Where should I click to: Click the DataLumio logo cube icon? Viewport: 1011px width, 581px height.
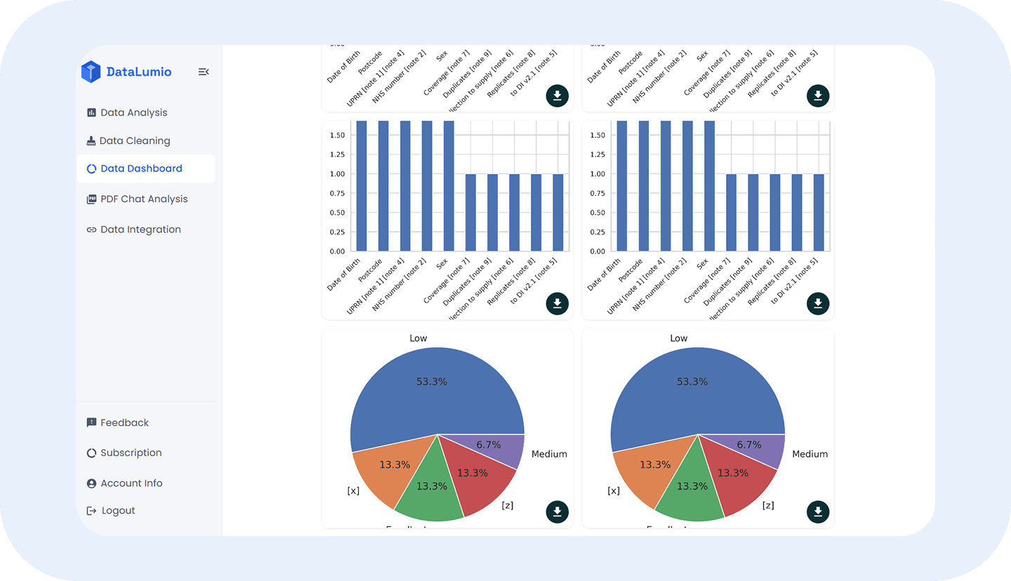tap(91, 72)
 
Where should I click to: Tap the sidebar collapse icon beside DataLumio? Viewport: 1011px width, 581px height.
tap(204, 72)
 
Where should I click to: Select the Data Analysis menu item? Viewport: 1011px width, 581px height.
tap(133, 112)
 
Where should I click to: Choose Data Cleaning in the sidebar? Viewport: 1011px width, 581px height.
tap(134, 140)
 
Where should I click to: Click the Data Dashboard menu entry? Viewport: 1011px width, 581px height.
tap(141, 168)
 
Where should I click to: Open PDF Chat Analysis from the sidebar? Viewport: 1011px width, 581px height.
tap(144, 199)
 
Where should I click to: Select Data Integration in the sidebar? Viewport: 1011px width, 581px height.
tap(140, 229)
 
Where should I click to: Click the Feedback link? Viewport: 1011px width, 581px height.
tap(124, 422)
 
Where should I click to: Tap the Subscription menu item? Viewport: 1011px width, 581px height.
tap(131, 453)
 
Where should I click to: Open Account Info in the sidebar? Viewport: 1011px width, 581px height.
tap(131, 483)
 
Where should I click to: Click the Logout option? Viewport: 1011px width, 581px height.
tap(118, 510)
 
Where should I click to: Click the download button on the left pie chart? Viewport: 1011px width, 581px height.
tap(557, 512)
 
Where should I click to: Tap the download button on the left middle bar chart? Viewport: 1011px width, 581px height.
tap(557, 304)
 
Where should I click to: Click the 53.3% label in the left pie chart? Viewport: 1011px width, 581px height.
tap(431, 382)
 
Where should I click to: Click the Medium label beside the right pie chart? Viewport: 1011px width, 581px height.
tap(810, 454)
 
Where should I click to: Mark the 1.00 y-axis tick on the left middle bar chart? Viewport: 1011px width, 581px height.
tap(337, 174)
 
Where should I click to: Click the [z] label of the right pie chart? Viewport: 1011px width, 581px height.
tap(768, 505)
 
